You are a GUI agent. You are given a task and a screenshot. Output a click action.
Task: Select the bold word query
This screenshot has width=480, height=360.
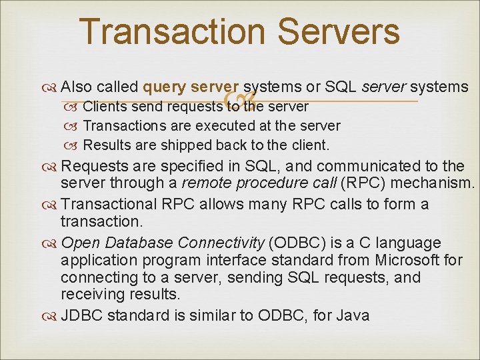pyautogui.click(x=164, y=87)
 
